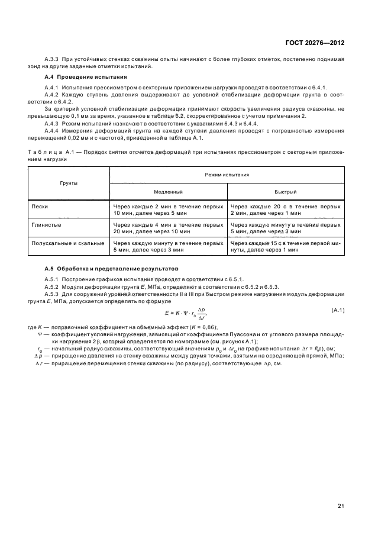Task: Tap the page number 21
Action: coord(341,489)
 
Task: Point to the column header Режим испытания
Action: coord(227,175)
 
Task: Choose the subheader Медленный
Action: coord(169,192)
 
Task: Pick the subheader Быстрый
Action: coord(285,192)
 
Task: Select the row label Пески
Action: coord(41,207)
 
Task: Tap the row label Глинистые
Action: coord(47,225)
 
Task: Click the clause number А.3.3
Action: coord(53,59)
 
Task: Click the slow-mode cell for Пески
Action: coord(168,210)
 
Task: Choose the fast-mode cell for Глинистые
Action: coord(285,228)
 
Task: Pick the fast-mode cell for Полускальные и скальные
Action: coord(285,246)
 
